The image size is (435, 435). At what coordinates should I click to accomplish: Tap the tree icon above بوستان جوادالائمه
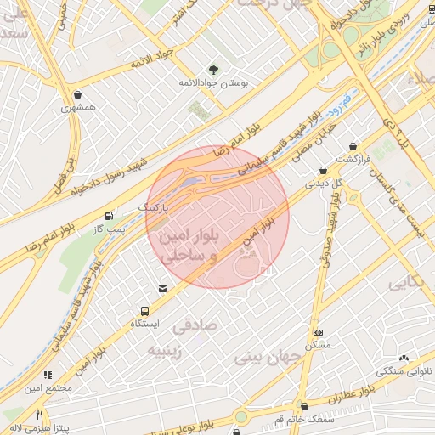tap(212, 69)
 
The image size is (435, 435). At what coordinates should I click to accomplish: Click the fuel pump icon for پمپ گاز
tap(108, 217)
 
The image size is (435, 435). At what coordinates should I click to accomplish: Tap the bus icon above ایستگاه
tap(145, 311)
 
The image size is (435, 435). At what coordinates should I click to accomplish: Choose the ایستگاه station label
tap(145, 325)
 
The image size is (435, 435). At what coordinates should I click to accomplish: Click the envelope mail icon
tap(162, 290)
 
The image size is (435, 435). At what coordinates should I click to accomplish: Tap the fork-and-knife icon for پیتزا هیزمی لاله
tap(39, 415)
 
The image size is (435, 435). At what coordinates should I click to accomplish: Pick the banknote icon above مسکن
tap(318, 332)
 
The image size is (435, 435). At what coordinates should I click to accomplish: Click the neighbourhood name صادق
tap(195, 325)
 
